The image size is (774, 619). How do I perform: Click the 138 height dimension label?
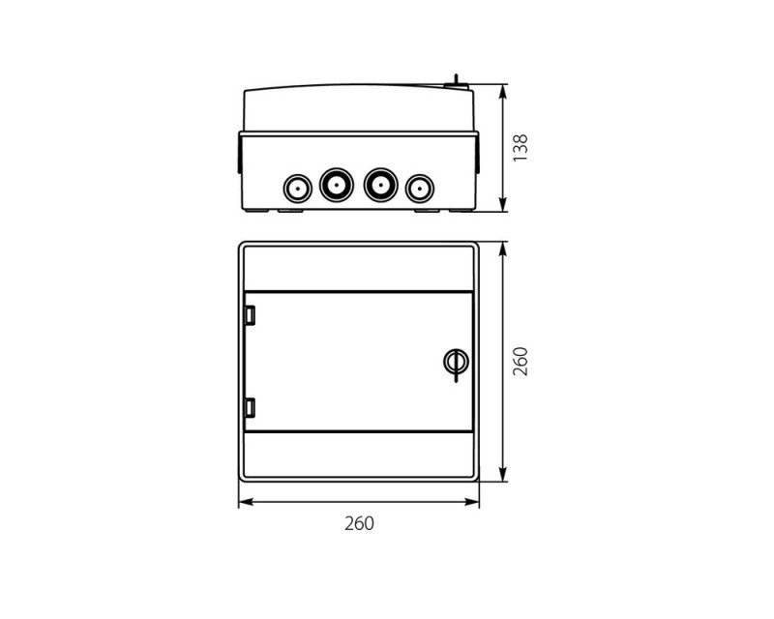tap(521, 148)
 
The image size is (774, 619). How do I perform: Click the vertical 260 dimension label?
tap(521, 362)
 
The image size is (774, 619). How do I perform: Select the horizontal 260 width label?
tap(359, 523)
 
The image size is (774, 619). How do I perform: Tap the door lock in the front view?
tap(456, 364)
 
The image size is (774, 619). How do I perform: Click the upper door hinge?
tap(251, 315)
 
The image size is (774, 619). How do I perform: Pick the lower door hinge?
tap(251, 408)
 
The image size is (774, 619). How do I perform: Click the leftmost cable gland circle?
tap(298, 189)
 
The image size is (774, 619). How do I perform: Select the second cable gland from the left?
tap(337, 185)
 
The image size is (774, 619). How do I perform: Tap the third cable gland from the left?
tap(380, 185)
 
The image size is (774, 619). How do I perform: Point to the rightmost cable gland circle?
tap(420, 189)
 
